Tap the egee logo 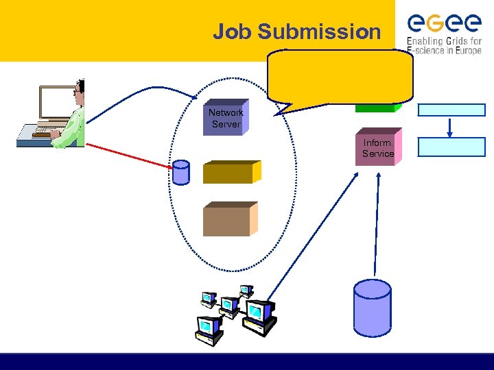(443, 22)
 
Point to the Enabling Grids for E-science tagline (445, 45)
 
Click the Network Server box (226, 119)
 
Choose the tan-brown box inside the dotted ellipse (230, 220)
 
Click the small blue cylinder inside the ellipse (180, 173)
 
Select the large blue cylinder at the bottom (371, 306)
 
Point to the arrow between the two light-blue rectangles (450, 127)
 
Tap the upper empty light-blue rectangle (451, 110)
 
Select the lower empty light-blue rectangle (451, 147)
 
